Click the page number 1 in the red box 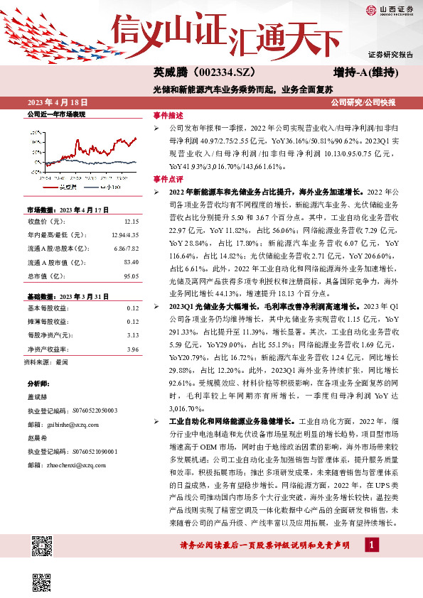tap(371, 563)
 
